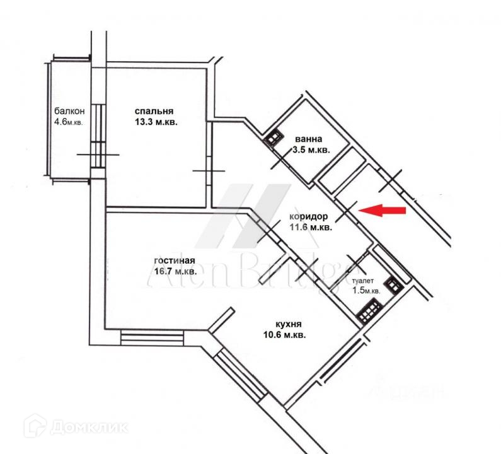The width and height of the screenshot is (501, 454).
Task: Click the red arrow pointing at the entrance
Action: (x=386, y=211)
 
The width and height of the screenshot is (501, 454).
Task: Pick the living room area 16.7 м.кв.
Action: (x=175, y=272)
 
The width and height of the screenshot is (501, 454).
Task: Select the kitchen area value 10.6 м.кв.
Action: (x=284, y=335)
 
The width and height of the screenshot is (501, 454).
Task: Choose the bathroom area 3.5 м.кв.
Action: (x=311, y=150)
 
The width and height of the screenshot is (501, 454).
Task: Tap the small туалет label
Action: (x=364, y=281)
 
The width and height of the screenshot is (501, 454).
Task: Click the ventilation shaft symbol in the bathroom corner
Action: (x=274, y=137)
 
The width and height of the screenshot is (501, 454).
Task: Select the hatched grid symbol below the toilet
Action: (x=367, y=312)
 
